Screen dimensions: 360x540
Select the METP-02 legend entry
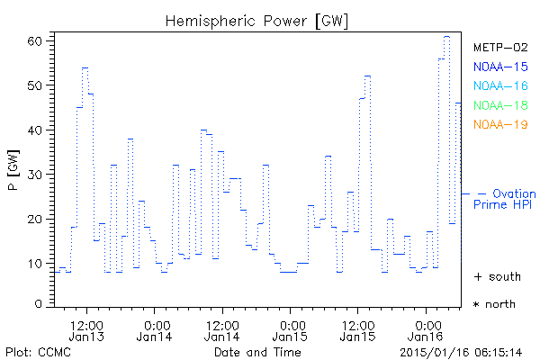(x=499, y=48)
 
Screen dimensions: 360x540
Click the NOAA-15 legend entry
(x=499, y=67)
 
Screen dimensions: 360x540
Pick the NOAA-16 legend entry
(x=499, y=85)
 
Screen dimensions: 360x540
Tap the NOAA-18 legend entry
(x=499, y=105)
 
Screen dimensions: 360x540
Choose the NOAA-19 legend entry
(x=499, y=124)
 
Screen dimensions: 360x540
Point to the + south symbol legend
(x=495, y=275)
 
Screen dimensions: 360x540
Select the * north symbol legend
(x=495, y=304)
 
